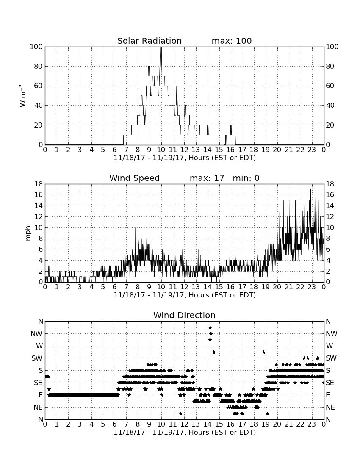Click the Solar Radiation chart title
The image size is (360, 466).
[150, 41]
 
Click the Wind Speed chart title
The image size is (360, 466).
[135, 178]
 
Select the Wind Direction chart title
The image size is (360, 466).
[184, 315]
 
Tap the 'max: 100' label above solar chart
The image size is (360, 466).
[232, 41]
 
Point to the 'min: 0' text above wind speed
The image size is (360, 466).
[246, 178]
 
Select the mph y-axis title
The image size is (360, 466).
[28, 233]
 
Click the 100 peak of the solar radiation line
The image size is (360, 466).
[161, 47]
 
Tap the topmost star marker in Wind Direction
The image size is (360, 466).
[210, 327]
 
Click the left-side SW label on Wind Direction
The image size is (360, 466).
[37, 358]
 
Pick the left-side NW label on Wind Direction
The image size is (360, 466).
[36, 334]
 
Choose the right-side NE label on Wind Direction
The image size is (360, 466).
[330, 408]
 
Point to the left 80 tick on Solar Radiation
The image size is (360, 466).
[38, 66]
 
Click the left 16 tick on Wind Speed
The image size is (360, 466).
[39, 195]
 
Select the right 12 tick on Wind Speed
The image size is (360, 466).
[330, 216]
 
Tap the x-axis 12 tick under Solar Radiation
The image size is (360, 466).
[184, 150]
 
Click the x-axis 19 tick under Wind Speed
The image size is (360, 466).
[266, 287]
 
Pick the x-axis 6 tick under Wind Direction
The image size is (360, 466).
[115, 424]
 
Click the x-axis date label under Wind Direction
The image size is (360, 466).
[185, 432]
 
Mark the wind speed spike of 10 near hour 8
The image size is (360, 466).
[136, 228]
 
